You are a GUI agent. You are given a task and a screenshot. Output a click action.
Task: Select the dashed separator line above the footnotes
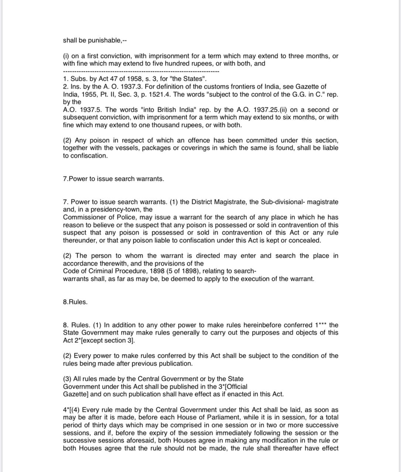pos(141,71)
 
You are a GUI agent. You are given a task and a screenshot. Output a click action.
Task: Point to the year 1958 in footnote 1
pos(124,79)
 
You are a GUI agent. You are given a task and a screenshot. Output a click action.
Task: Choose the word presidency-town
pos(120,209)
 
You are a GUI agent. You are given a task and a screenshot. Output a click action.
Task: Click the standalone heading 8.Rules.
pos(75,302)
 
